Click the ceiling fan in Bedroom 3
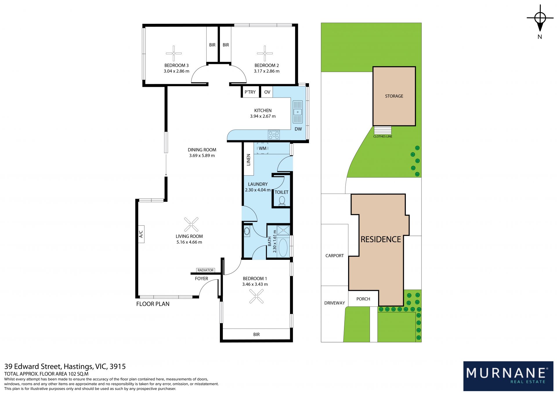coord(173,53)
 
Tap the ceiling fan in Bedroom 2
coord(265,53)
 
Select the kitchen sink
coord(298,112)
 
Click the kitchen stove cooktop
coord(274,135)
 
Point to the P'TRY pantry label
coord(250,92)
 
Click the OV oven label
coord(267,92)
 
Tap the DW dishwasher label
coord(298,129)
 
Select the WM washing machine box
coord(263,148)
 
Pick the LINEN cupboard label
coord(248,160)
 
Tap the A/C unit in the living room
coord(141,234)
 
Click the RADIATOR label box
coord(205,270)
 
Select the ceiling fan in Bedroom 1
coord(256,296)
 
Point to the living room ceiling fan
coord(191,224)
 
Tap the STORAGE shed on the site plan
coord(394,96)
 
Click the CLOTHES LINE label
coord(383,136)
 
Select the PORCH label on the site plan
coord(363,299)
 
